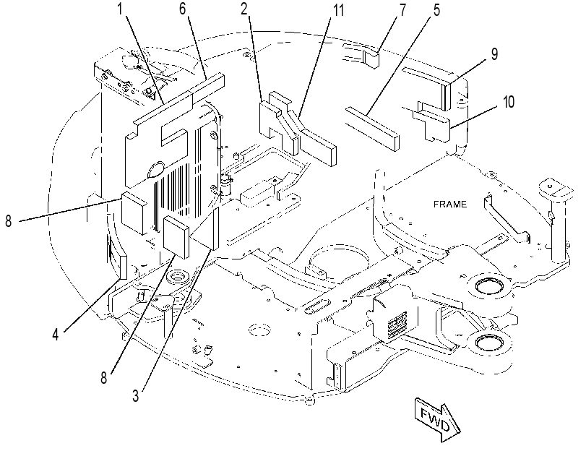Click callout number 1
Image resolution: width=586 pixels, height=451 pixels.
(x=120, y=9)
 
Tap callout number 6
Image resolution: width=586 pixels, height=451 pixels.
(x=182, y=8)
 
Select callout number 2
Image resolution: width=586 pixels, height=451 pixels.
(x=244, y=9)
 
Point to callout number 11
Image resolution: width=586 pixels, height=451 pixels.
(x=338, y=10)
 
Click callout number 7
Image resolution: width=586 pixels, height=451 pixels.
(x=402, y=10)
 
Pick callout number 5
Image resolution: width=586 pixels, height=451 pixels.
(x=436, y=10)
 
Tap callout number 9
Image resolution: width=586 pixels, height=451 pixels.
(x=494, y=54)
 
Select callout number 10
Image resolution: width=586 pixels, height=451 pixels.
(x=509, y=102)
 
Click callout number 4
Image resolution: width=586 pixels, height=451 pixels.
(x=56, y=334)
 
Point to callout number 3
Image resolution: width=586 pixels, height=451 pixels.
(x=136, y=395)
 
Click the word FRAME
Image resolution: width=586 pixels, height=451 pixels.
(x=450, y=205)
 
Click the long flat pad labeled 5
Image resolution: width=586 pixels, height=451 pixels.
(x=373, y=128)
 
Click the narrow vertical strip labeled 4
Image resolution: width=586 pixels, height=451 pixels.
(x=124, y=267)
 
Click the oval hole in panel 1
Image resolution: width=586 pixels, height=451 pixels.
(x=158, y=170)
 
